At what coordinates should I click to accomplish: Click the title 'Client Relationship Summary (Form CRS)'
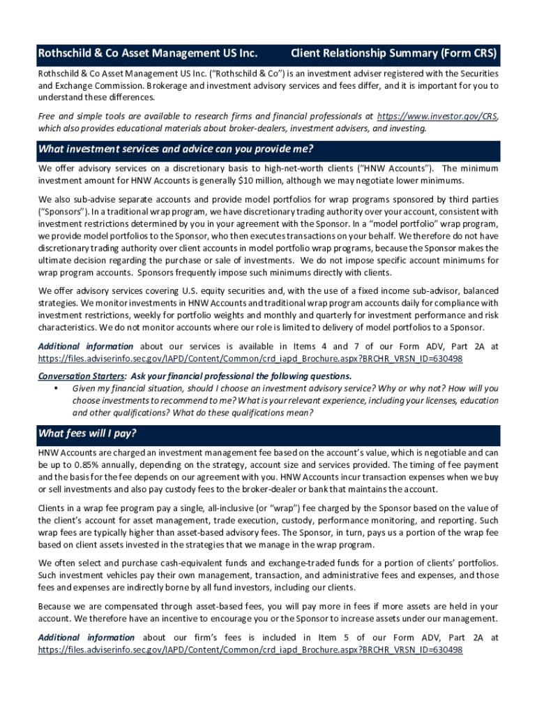393,53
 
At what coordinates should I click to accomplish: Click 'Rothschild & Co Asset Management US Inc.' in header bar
148,53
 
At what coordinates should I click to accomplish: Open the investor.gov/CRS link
437,117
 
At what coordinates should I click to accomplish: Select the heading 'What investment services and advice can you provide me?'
176,149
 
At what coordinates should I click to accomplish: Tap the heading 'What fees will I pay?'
87,434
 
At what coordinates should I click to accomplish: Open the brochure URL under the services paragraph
250,358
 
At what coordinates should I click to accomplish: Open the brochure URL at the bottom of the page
250,649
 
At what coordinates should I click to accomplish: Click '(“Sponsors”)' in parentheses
62,212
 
